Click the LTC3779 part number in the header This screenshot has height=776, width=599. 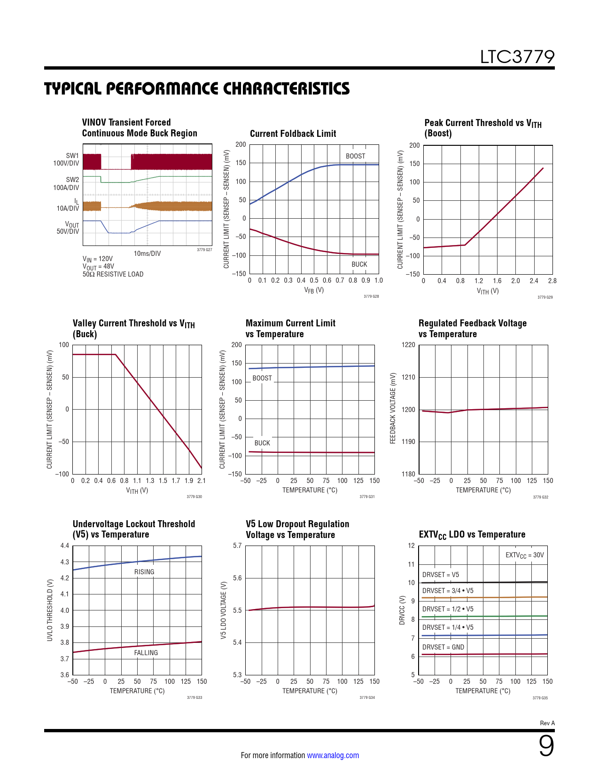coord(517,57)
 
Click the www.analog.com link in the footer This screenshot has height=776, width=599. coord(333,755)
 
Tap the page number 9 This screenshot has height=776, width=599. coord(546,746)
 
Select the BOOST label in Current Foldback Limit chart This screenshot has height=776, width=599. coord(355,156)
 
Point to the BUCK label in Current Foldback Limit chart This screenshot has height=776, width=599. coord(359,264)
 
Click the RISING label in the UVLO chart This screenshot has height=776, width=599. coord(144,572)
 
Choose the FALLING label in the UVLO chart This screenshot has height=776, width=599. coord(146,653)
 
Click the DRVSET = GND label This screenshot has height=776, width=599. coord(443,647)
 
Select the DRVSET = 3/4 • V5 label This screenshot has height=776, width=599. coord(448,591)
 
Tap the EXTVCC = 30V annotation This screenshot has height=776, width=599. coord(524,555)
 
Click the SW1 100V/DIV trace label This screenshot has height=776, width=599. coord(66,159)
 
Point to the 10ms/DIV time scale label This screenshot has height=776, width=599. coord(147,253)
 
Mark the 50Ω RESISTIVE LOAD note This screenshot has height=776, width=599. coord(113,274)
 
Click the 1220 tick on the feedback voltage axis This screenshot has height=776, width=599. coord(408,345)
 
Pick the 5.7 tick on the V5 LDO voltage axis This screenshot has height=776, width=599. coord(237,546)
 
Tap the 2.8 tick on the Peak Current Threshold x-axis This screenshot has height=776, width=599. coord(552,281)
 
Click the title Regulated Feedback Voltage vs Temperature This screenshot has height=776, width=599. coord(472,328)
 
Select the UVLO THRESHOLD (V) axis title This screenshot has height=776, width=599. coord(50,610)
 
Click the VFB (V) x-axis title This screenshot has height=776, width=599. coord(314,290)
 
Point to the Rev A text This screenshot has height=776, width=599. coord(547,723)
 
